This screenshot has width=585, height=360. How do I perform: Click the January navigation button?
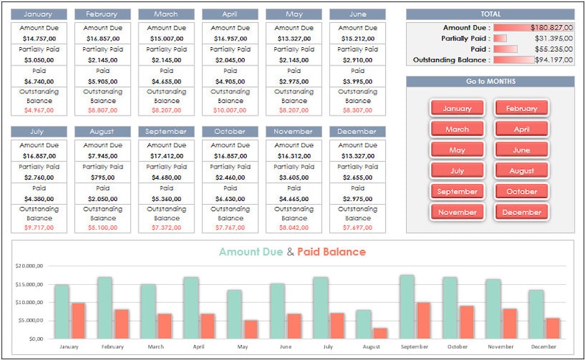click(457, 108)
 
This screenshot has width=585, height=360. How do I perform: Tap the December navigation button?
click(522, 212)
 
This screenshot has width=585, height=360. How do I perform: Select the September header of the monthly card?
click(166, 132)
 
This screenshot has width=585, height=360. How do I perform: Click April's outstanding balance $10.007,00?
click(230, 110)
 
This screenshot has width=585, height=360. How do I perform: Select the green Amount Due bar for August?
click(363, 324)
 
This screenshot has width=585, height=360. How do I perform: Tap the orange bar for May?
click(251, 329)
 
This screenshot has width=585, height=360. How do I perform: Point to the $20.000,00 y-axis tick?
click(29, 266)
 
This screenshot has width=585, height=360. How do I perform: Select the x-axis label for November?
click(500, 346)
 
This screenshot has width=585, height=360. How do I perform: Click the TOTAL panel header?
click(490, 14)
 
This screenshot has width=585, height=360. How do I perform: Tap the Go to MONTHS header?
click(490, 82)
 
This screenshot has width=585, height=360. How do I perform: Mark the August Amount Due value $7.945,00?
click(102, 156)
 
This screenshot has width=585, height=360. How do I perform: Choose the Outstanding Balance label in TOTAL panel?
click(451, 60)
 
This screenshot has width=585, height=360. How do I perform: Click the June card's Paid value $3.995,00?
click(357, 81)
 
